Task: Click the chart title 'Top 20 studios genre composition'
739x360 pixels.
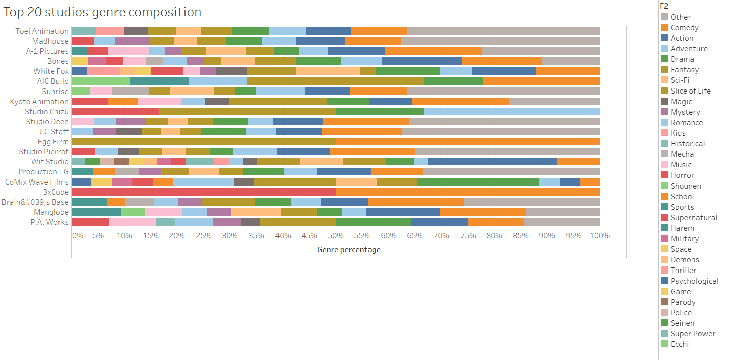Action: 103,12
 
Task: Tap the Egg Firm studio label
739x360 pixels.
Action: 53,142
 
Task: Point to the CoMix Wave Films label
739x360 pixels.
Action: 37,182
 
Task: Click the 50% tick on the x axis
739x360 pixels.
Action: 335,236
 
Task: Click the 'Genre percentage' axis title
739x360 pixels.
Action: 348,250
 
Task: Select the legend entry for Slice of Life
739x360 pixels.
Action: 690,91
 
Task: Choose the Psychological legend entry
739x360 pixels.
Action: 694,281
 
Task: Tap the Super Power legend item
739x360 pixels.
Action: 693,334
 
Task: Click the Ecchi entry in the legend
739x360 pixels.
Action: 679,344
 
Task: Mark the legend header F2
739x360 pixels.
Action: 664,6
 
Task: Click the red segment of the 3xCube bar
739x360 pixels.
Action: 204,192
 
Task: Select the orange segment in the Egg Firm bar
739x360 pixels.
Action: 468,142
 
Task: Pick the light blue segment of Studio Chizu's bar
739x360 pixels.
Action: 512,112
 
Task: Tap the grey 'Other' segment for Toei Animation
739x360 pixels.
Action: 503,31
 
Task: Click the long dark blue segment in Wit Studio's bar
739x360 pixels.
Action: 492,162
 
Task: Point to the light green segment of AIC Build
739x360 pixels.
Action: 101,81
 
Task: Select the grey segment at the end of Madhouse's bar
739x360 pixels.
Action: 500,41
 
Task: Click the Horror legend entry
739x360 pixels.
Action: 682,175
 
